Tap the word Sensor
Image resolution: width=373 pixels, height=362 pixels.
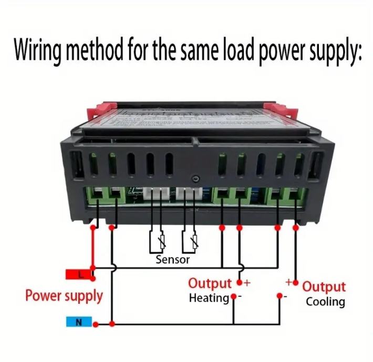(172, 259)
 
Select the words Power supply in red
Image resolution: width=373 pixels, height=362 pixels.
(64, 296)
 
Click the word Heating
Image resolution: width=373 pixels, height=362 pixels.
(209, 298)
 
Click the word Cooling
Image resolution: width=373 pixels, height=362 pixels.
(326, 302)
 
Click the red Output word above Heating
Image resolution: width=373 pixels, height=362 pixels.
(210, 284)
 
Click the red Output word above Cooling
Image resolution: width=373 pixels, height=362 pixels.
(324, 287)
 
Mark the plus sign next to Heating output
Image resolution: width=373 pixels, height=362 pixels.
(247, 283)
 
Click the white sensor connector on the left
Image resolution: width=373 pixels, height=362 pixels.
(156, 197)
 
